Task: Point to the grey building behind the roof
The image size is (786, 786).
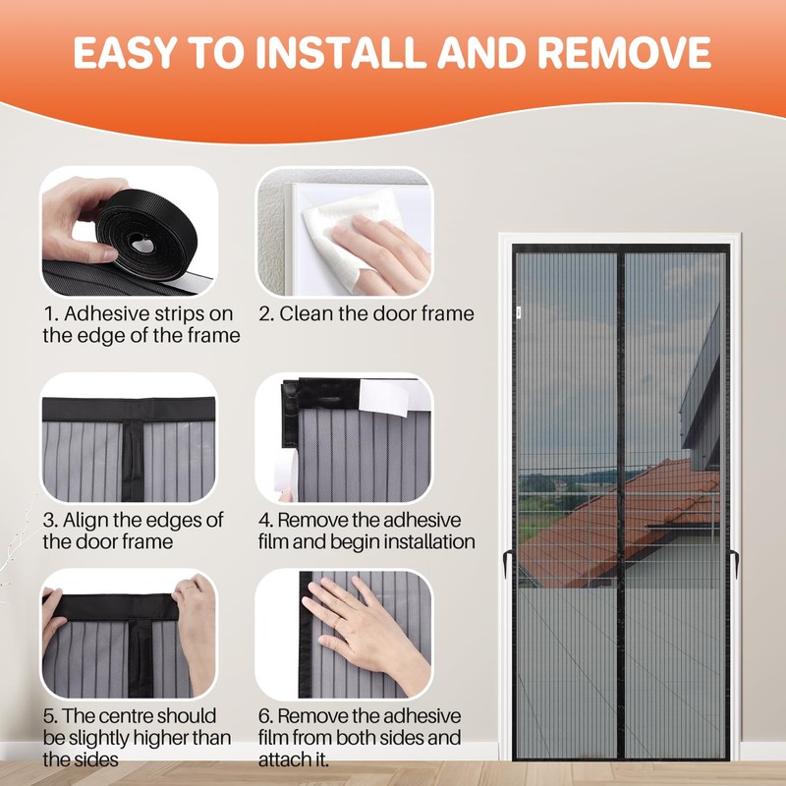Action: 702,393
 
